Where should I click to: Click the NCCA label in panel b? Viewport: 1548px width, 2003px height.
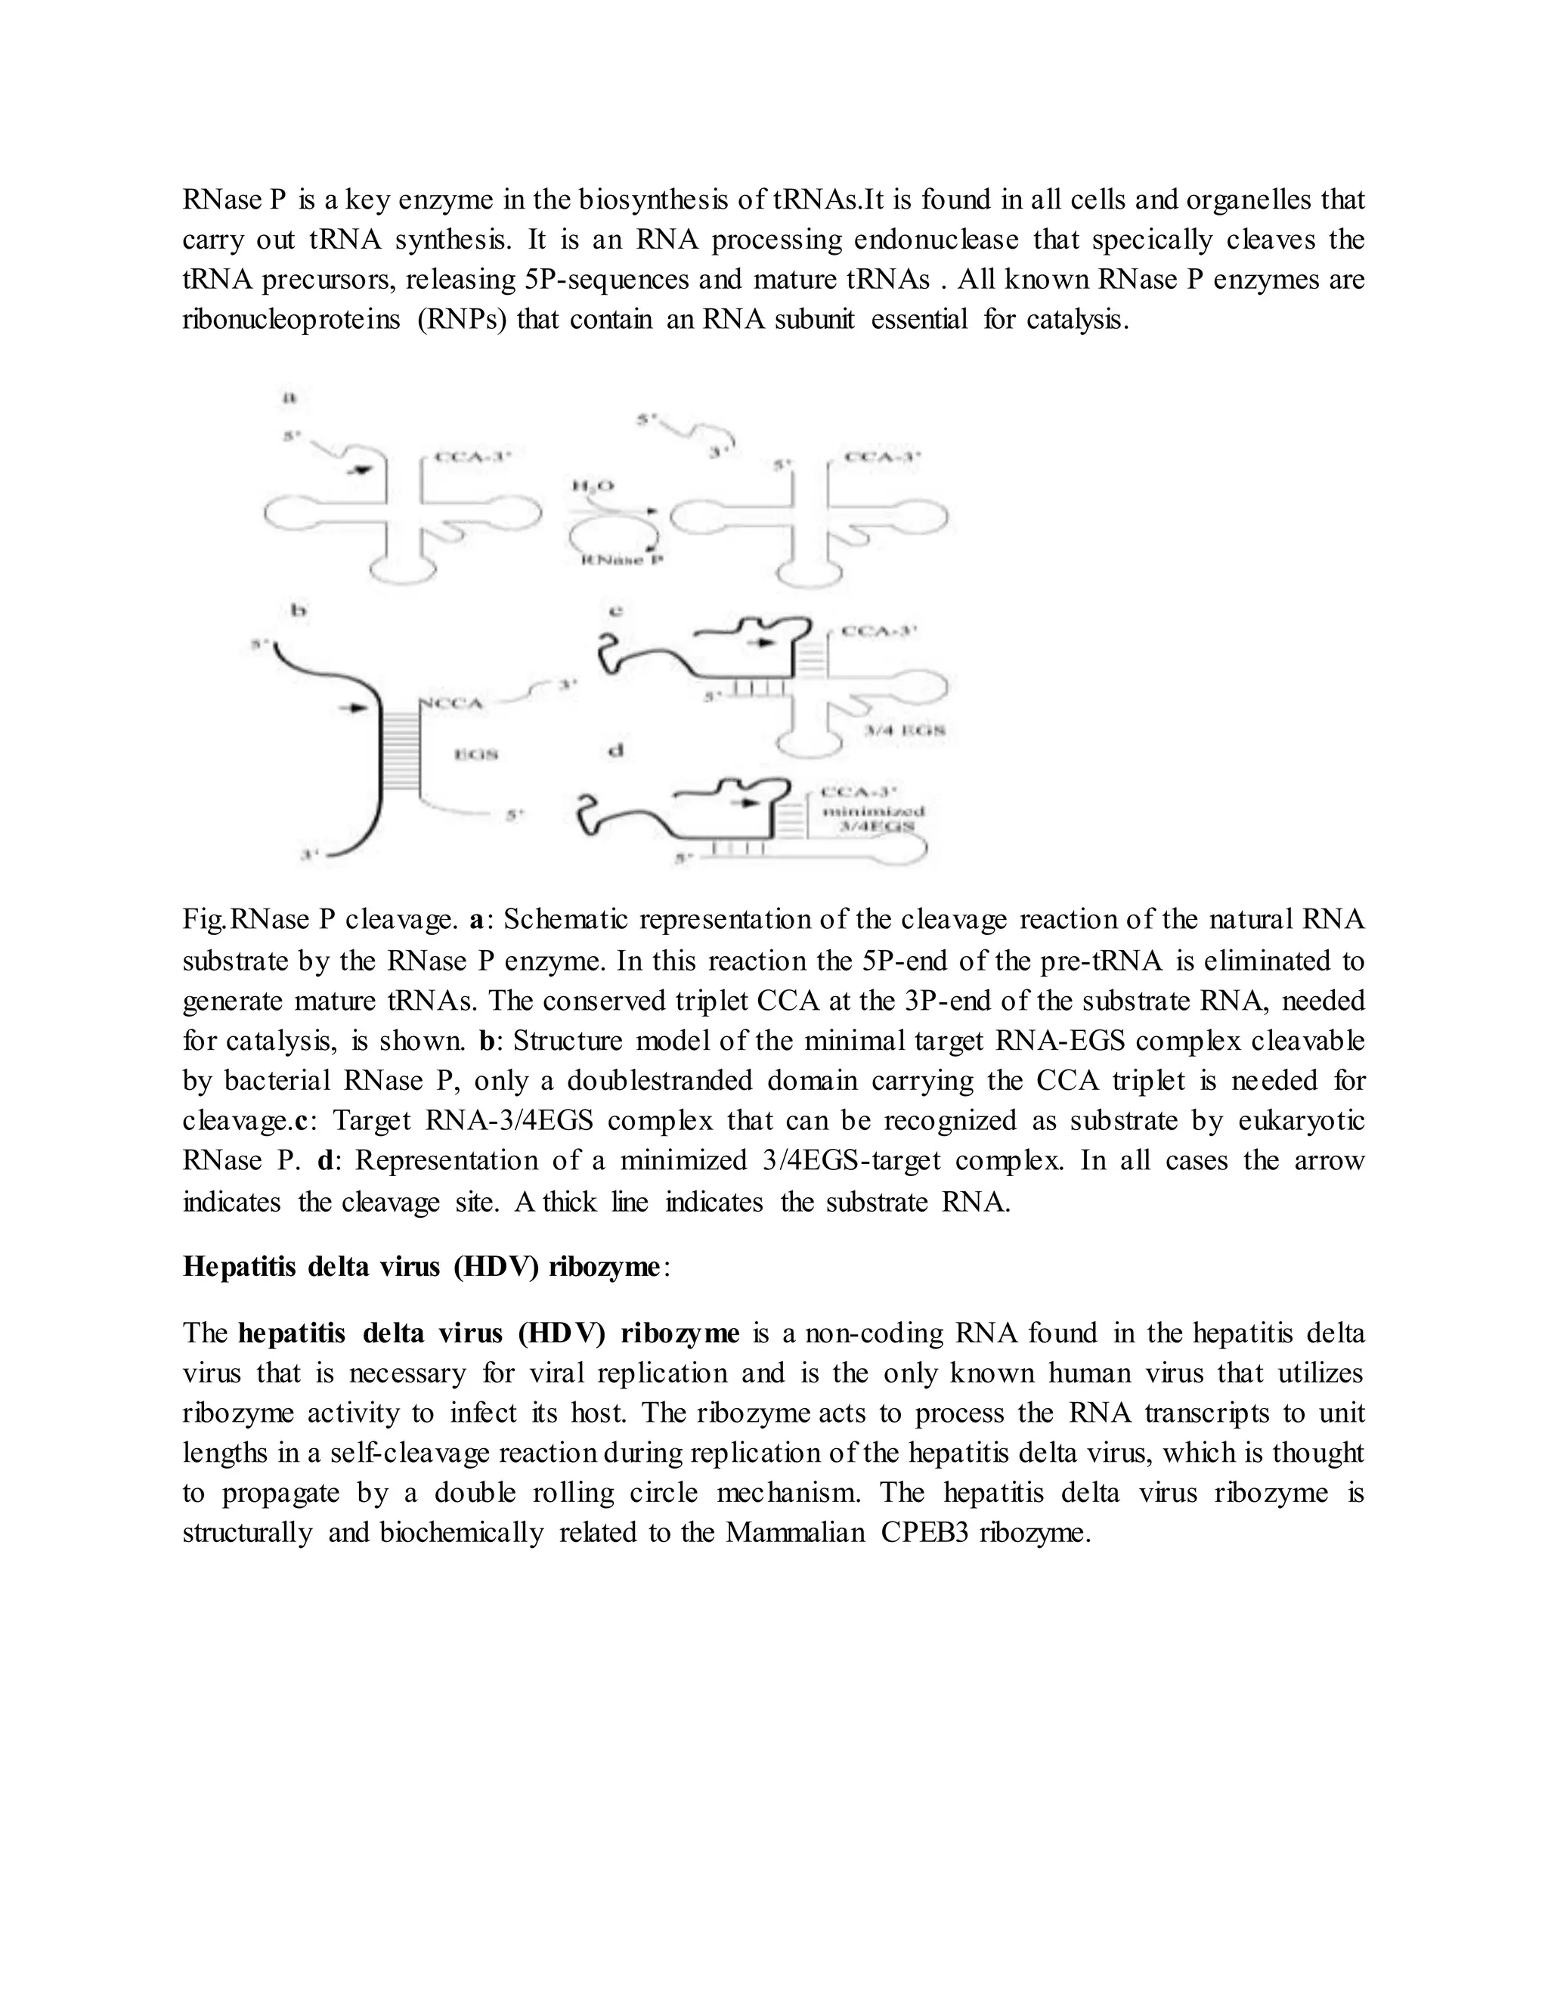point(450,704)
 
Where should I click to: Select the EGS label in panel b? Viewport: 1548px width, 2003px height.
point(476,754)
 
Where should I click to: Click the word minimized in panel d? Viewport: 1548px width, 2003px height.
point(873,811)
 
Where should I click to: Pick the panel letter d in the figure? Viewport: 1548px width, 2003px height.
point(616,751)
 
